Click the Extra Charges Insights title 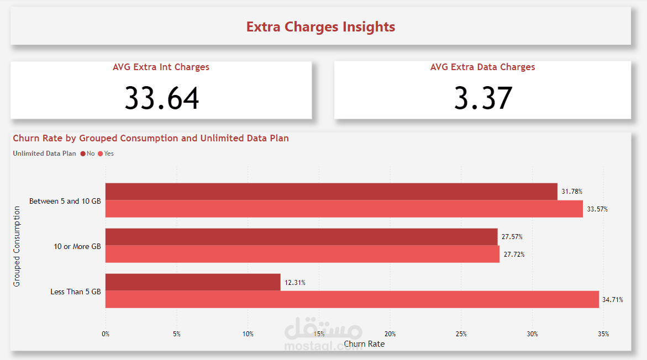(x=320, y=27)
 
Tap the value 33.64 (x=161, y=98)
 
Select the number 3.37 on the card (x=483, y=98)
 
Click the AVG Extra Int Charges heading (x=161, y=67)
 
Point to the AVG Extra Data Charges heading (x=482, y=67)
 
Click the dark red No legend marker (x=83, y=153)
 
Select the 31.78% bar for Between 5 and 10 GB (x=332, y=192)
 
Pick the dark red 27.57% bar (x=301, y=237)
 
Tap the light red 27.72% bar (x=302, y=254)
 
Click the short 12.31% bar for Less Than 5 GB (x=193, y=282)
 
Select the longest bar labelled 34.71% (x=352, y=299)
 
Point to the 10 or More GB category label (x=77, y=246)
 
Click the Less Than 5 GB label (x=76, y=292)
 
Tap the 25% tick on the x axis (x=461, y=333)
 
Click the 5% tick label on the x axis (x=176, y=333)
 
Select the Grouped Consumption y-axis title (x=17, y=246)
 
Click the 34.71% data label (x=613, y=300)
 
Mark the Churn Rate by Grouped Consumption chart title (x=151, y=138)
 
